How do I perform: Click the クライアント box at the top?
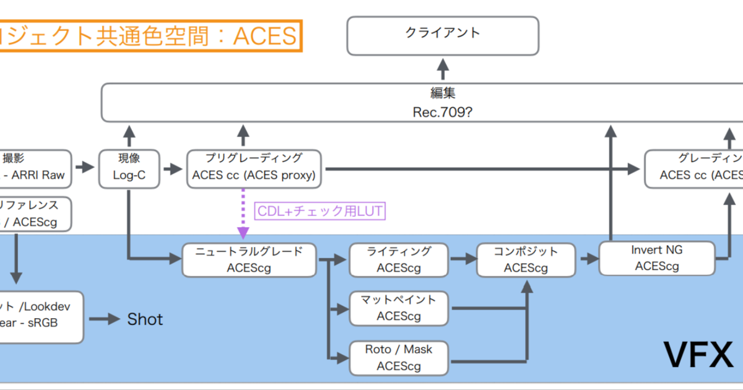click(x=442, y=35)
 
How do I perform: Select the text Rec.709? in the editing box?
click(x=442, y=112)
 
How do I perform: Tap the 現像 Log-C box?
click(x=129, y=168)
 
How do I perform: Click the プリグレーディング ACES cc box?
click(x=254, y=168)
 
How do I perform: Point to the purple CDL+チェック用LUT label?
click(x=319, y=211)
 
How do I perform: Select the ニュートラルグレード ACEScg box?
click(x=249, y=259)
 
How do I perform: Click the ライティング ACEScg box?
click(x=399, y=259)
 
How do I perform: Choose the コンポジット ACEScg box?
click(x=526, y=259)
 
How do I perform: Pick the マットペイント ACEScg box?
click(x=399, y=308)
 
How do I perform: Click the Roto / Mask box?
click(x=399, y=357)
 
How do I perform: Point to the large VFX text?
click(x=698, y=355)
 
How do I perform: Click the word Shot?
click(x=145, y=319)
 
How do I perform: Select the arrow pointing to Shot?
click(x=104, y=319)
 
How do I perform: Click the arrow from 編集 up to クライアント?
click(x=443, y=69)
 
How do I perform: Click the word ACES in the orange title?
click(x=264, y=36)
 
